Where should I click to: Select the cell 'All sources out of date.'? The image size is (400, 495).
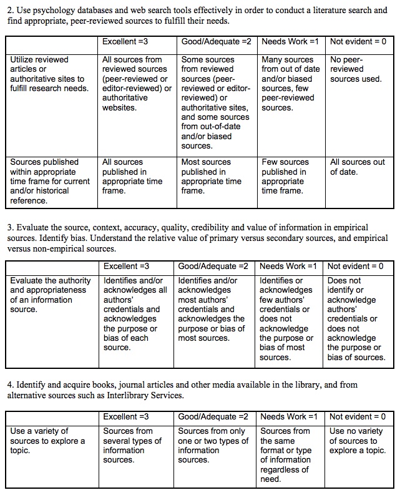[x=358, y=167]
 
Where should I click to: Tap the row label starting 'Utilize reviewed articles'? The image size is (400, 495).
[x=49, y=74]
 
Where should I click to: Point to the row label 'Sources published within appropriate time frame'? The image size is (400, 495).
[x=49, y=181]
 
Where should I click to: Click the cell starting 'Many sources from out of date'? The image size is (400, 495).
[x=290, y=84]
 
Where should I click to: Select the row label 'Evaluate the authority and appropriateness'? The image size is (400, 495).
[x=50, y=295]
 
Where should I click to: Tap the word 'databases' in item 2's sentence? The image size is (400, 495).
[x=83, y=11]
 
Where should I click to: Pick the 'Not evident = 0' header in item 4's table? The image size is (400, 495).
[x=358, y=416]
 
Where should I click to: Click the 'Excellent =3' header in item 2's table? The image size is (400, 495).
[x=125, y=41]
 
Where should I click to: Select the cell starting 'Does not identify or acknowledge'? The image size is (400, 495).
[x=356, y=318]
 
